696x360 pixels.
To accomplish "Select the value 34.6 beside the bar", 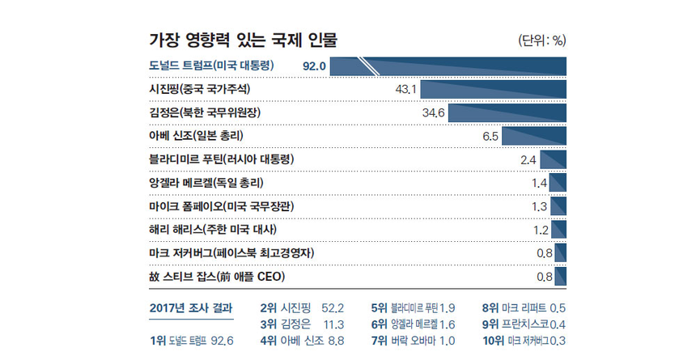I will pyautogui.click(x=434, y=112).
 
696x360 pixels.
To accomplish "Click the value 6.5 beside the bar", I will pyautogui.click(x=490, y=136).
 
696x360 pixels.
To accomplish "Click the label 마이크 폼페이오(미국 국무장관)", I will pyautogui.click(x=221, y=206).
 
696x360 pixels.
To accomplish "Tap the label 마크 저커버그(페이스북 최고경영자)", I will pyautogui.click(x=231, y=253).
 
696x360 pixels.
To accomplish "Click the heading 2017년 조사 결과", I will pyautogui.click(x=191, y=307).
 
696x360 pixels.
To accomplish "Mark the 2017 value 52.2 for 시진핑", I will pyautogui.click(x=333, y=308).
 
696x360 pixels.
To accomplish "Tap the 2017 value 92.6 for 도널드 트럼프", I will pyautogui.click(x=221, y=341).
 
